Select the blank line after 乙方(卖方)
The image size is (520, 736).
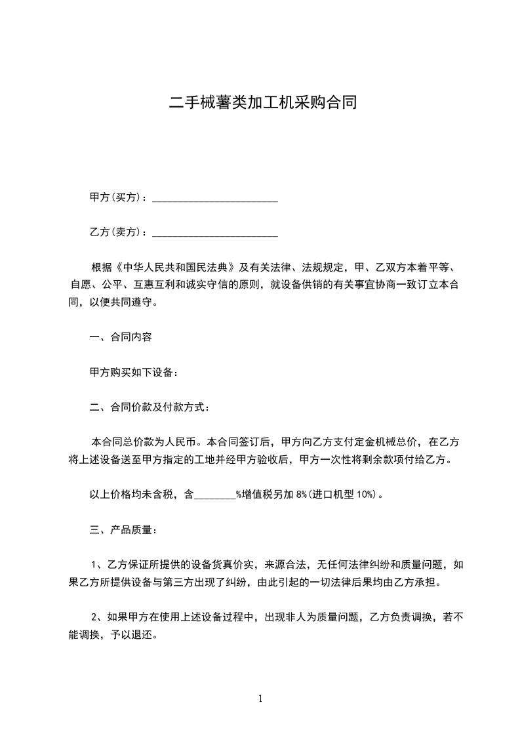215,232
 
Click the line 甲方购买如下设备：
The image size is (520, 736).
134,372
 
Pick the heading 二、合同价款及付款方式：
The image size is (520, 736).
150,407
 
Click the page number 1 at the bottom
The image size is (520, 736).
260,699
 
